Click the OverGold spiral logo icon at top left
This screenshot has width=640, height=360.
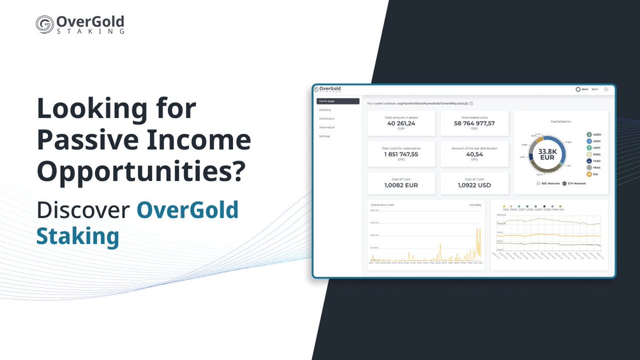pyautogui.click(x=45, y=25)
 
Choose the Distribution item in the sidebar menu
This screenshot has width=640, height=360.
pyautogui.click(x=326, y=118)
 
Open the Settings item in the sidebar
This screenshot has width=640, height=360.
pyautogui.click(x=324, y=136)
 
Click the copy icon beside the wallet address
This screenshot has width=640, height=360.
pyautogui.click(x=471, y=103)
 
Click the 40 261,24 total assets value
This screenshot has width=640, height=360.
pyautogui.click(x=401, y=123)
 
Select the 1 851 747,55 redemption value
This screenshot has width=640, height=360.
pyautogui.click(x=401, y=154)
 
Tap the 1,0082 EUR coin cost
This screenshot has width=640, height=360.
pyautogui.click(x=401, y=185)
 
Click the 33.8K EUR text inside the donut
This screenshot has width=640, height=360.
pyautogui.click(x=547, y=154)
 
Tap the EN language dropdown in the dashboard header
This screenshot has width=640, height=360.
pyautogui.click(x=595, y=89)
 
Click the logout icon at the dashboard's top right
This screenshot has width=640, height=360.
pyautogui.click(x=606, y=89)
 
